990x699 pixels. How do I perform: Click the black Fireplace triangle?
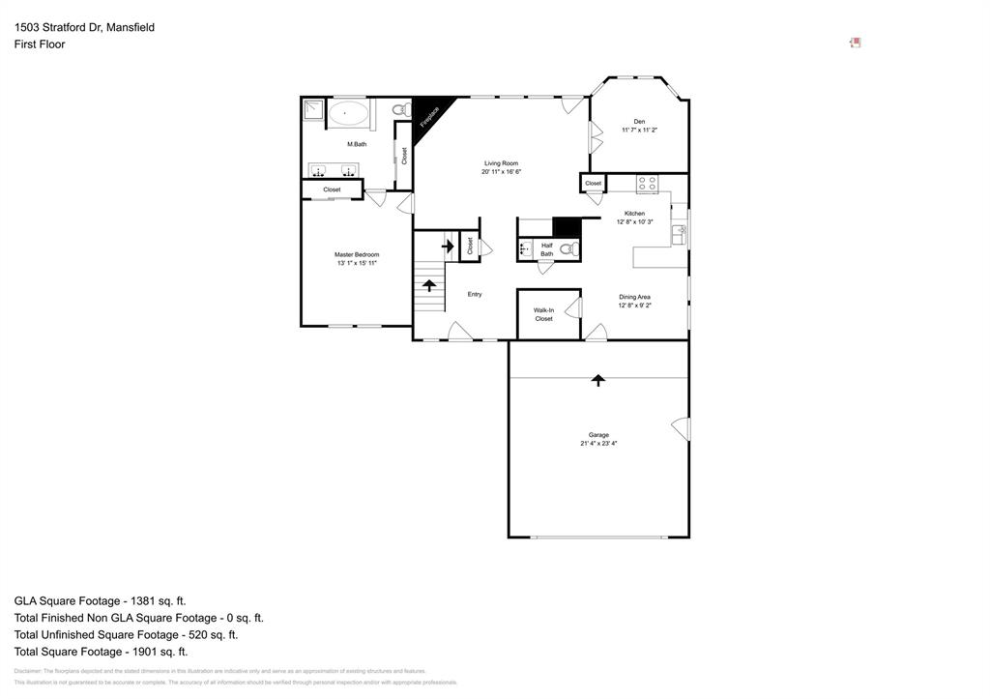pos(427,115)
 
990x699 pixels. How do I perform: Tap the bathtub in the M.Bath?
pos(348,114)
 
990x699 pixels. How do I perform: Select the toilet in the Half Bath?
pos(568,248)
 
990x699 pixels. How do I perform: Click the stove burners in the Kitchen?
pos(647,184)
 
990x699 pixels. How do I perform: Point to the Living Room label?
pos(501,163)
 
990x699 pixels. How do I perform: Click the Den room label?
pos(639,122)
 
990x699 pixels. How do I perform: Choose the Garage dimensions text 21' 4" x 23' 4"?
pos(598,444)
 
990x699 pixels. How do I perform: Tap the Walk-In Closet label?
pos(543,314)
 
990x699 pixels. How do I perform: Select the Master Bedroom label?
pos(357,254)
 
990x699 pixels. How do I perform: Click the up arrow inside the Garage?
pos(598,380)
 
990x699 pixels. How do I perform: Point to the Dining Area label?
pos(634,297)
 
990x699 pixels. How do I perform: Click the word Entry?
pos(475,294)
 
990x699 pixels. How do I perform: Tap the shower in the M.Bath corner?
pos(313,109)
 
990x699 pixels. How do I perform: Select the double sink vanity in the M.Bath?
pos(334,171)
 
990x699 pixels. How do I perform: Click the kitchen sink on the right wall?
pos(680,232)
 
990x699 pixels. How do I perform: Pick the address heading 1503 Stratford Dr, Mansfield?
pos(84,27)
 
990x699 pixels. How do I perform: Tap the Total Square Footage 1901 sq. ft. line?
pos(101,653)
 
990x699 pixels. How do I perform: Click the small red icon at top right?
pos(855,43)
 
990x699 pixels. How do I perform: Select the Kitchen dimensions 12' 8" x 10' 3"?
pos(634,222)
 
